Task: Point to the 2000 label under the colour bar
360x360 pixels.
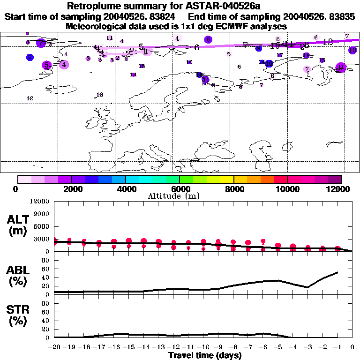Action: [71, 189]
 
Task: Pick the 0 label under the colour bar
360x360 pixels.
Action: [18, 189]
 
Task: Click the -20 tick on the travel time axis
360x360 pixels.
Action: [54, 347]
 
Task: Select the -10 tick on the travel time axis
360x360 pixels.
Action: [203, 347]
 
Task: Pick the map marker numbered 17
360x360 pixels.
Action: [280, 55]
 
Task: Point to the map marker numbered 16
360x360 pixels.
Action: [189, 62]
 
